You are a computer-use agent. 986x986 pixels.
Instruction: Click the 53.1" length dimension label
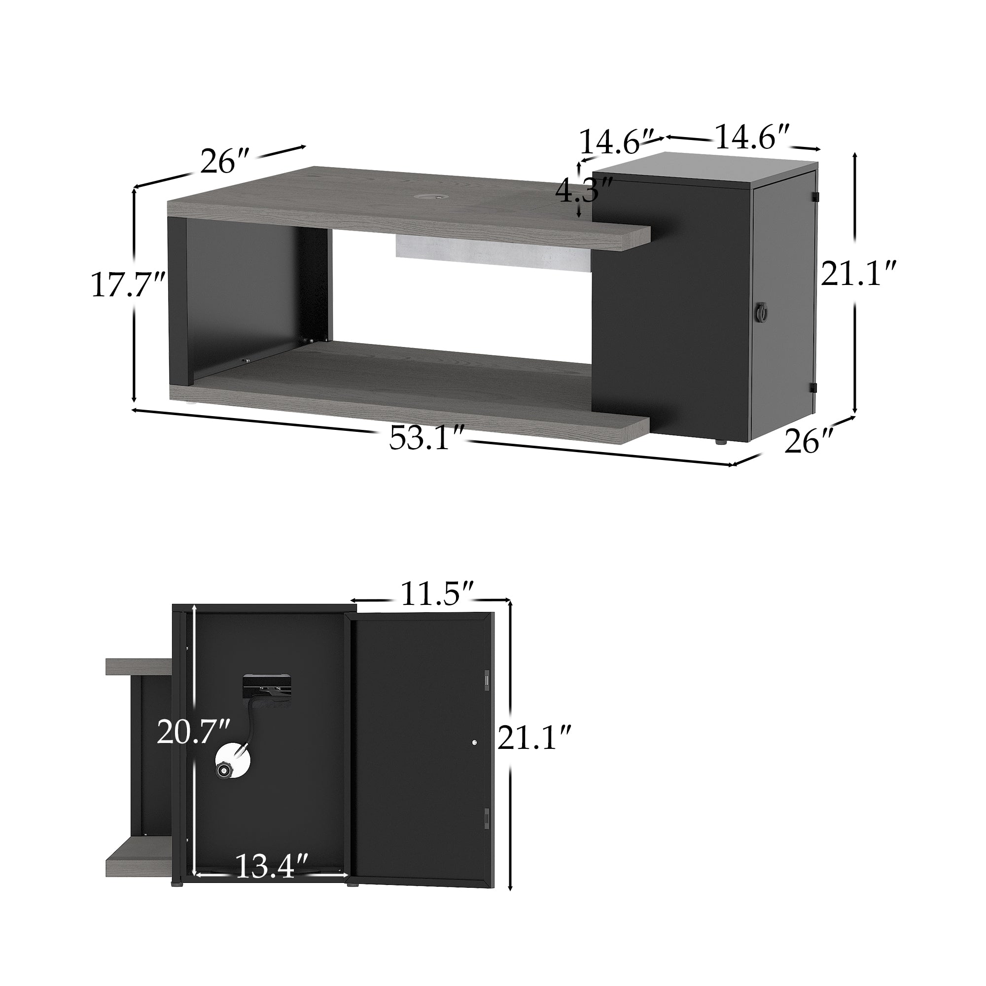point(426,438)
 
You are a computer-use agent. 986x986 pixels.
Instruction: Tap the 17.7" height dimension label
point(128,285)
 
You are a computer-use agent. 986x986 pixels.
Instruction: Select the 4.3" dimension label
point(583,191)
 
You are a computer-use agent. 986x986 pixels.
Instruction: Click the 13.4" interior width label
point(272,866)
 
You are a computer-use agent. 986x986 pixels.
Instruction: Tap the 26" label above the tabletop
point(224,161)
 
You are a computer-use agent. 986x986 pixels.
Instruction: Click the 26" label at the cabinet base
point(809,441)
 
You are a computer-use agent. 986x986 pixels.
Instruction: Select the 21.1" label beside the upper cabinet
point(857,274)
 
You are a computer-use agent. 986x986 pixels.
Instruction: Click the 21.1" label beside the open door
point(534,738)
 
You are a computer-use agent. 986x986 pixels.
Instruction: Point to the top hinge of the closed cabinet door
point(815,196)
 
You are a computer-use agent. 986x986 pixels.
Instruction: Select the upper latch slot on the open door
point(487,681)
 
